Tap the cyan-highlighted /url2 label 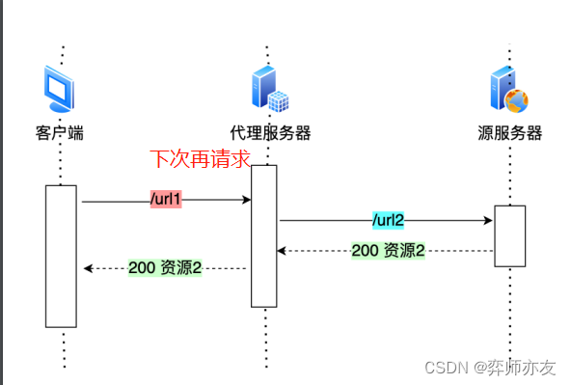387,220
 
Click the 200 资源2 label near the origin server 388,251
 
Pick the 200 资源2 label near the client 165,268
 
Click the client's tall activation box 61,256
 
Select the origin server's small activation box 510,235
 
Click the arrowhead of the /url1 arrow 247,201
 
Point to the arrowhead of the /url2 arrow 489,221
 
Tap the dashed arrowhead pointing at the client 88,268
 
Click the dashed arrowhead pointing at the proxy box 282,251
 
